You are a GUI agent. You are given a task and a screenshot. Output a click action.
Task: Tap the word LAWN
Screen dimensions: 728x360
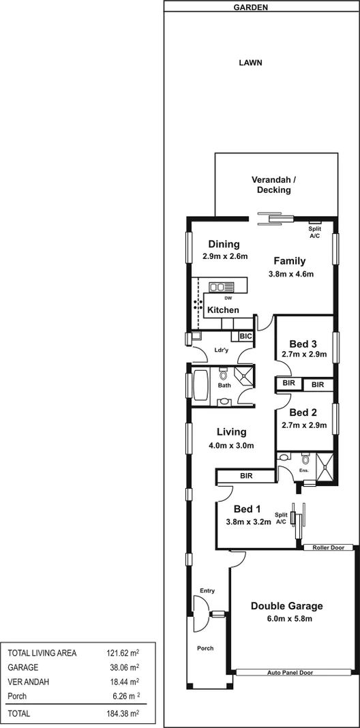coord(250,63)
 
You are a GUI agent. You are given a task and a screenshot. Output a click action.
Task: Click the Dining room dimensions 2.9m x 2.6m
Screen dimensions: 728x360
coord(224,257)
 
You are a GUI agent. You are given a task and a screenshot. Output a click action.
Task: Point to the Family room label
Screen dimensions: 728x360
coord(290,260)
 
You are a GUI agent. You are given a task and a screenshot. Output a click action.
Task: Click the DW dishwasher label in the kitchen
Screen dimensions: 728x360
coord(227,298)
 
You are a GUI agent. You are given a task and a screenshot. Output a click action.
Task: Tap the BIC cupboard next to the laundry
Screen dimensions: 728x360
coord(245,336)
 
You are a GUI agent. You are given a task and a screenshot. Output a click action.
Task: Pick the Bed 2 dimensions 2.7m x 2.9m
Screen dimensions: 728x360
coord(304,425)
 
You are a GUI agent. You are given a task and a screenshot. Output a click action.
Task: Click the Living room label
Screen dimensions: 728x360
coord(231,432)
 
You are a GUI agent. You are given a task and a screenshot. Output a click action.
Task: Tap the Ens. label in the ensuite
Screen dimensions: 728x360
coord(304,470)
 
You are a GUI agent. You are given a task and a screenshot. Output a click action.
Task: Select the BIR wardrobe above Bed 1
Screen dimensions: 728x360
coord(247,476)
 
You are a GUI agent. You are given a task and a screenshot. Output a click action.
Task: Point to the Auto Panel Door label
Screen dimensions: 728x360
coord(290,672)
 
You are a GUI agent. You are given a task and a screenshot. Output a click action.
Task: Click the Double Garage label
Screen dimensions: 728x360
coord(286,606)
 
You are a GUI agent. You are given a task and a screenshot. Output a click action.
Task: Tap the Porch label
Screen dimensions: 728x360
coord(205,648)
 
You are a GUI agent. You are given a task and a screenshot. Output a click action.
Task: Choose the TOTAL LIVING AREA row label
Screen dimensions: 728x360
coord(42,652)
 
